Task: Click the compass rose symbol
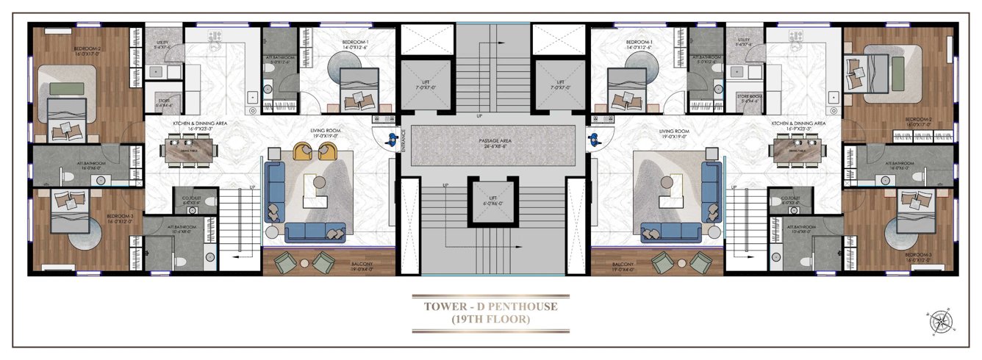click(939, 321)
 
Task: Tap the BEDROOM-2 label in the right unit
click(919, 119)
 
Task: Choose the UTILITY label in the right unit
click(744, 40)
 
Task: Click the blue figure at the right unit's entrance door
click(591, 136)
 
